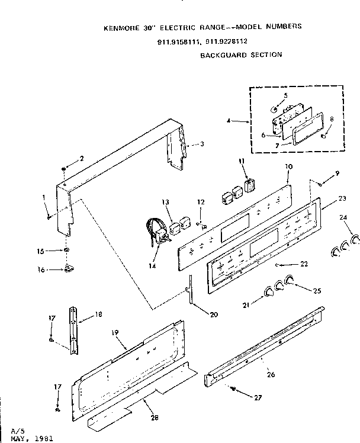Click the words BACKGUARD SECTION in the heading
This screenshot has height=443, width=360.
point(241,54)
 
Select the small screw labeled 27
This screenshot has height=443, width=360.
point(233,389)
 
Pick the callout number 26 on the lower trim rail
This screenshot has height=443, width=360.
point(271,375)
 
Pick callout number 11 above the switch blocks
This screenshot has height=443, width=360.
point(241,160)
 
